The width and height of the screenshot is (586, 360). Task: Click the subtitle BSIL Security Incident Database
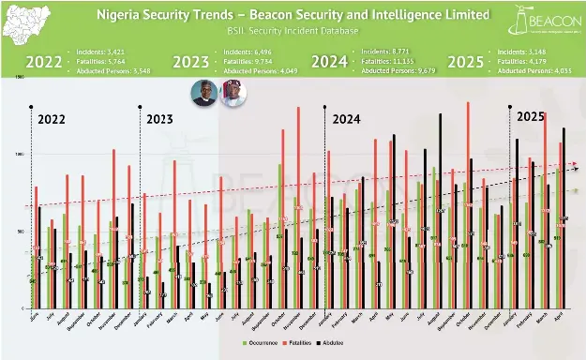pos(293,32)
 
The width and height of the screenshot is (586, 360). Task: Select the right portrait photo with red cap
pos(231,96)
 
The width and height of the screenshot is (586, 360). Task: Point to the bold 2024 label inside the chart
pos(349,119)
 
